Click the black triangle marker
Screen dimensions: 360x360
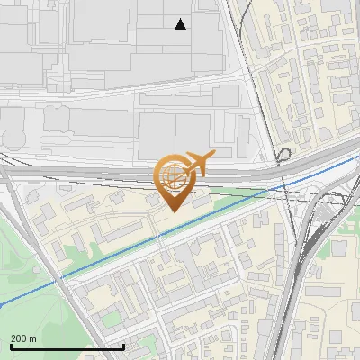[181, 24]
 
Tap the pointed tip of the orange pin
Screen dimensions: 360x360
[172, 211]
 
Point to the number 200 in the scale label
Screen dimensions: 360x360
[20, 337]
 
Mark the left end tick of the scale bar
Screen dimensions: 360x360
[11, 346]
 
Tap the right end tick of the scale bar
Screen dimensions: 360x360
[123, 346]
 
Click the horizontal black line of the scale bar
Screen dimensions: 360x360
[67, 346]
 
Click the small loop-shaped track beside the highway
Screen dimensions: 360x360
[283, 154]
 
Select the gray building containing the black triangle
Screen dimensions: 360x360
[180, 36]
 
